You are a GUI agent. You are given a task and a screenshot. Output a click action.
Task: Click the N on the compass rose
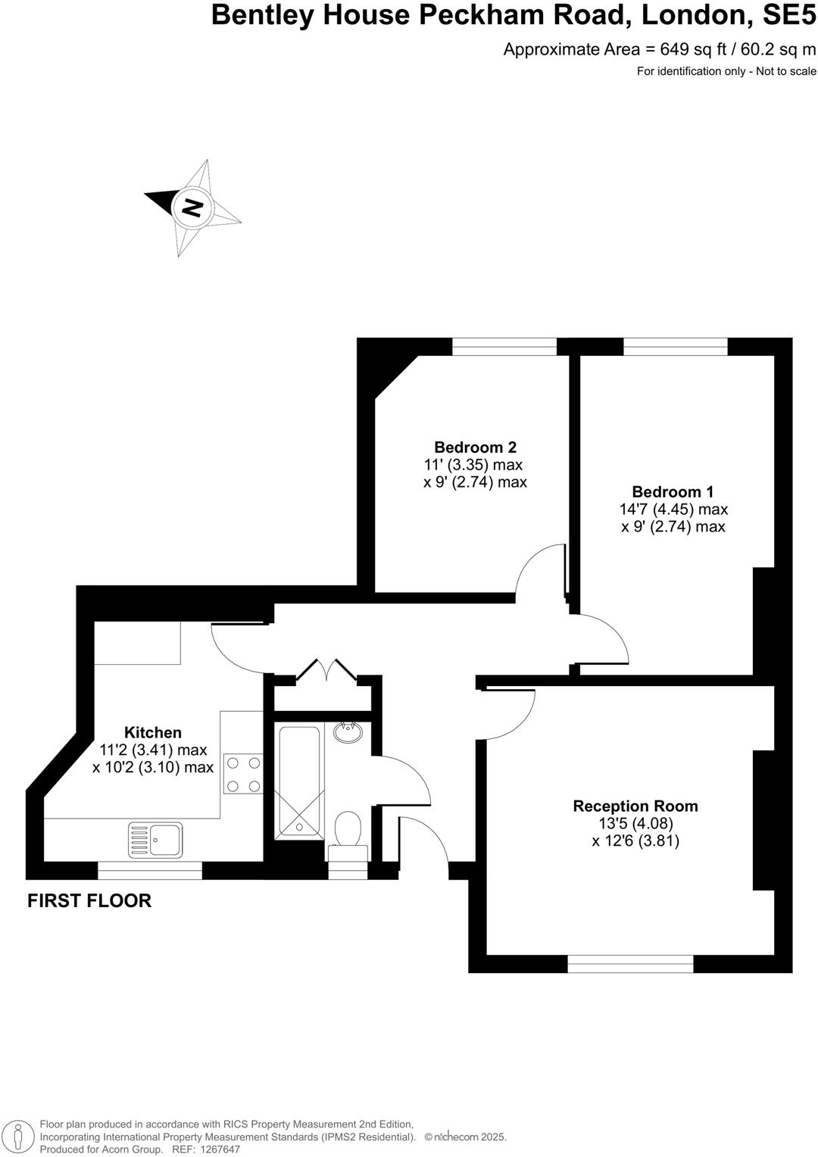coord(192,207)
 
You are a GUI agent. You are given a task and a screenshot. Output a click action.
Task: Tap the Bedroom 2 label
coord(475,447)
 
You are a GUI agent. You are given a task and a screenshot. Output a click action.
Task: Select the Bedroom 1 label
coord(673,491)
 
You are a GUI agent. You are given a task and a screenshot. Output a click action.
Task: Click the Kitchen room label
coord(153,732)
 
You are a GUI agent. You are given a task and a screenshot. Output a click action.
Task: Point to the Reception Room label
coord(635,806)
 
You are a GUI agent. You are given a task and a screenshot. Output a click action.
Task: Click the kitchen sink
coord(156,840)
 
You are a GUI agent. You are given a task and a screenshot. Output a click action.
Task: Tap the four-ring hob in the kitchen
coord(243,774)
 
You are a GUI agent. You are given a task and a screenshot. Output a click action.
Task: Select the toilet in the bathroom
coord(348,832)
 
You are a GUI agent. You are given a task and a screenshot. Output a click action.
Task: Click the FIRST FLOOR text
coord(89,900)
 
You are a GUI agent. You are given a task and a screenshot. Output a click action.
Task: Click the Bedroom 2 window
coord(504,347)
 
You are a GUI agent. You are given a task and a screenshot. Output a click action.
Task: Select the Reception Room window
coord(630,963)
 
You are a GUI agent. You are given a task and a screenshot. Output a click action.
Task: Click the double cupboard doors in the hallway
coord(326,671)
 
